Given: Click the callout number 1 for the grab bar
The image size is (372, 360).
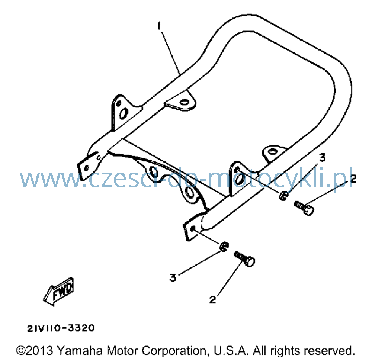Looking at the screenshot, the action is [x=159, y=26].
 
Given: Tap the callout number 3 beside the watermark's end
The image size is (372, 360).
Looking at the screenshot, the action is [x=322, y=157].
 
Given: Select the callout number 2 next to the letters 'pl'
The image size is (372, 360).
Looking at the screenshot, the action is [x=353, y=179].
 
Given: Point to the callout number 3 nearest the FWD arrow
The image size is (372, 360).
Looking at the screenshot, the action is [x=173, y=277].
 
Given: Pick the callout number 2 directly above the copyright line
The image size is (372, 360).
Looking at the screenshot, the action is [x=212, y=300].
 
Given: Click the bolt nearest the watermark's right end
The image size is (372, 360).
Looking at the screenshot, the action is [x=304, y=208].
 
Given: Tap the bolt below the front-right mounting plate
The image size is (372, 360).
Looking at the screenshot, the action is [x=244, y=259].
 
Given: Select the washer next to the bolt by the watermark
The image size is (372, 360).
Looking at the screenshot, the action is [x=283, y=196].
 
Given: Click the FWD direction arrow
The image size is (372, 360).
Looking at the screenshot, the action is [x=58, y=292].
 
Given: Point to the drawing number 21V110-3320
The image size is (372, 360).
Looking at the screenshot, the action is [x=61, y=328].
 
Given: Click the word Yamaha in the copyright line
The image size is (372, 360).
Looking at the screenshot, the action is [x=80, y=351].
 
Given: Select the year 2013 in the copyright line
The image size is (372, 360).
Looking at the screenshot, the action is [x=39, y=351].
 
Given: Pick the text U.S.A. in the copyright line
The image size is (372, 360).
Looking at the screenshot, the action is [x=231, y=351].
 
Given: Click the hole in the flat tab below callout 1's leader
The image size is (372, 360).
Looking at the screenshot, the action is [x=184, y=102].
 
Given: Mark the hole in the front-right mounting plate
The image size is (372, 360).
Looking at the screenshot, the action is [x=193, y=228].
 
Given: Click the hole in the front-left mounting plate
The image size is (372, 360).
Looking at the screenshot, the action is [x=86, y=168].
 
